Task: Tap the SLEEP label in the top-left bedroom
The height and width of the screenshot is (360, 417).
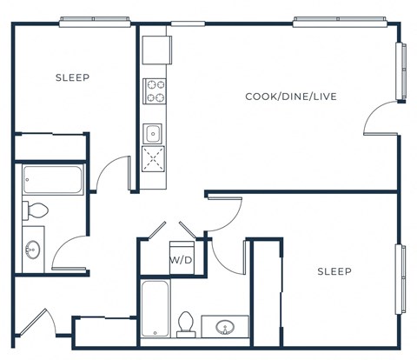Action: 72,77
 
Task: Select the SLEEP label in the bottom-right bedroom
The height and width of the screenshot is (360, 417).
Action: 334,272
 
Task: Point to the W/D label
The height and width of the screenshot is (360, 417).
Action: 181,260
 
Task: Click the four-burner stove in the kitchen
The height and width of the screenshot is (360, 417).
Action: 155,90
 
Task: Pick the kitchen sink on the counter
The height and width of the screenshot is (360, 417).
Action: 154,133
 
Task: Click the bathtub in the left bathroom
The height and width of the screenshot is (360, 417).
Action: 52,180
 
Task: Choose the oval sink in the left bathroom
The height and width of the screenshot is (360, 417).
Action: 33,248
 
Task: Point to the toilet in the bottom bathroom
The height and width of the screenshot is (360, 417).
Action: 184,323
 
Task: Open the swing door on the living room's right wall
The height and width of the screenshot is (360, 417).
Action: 381,120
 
